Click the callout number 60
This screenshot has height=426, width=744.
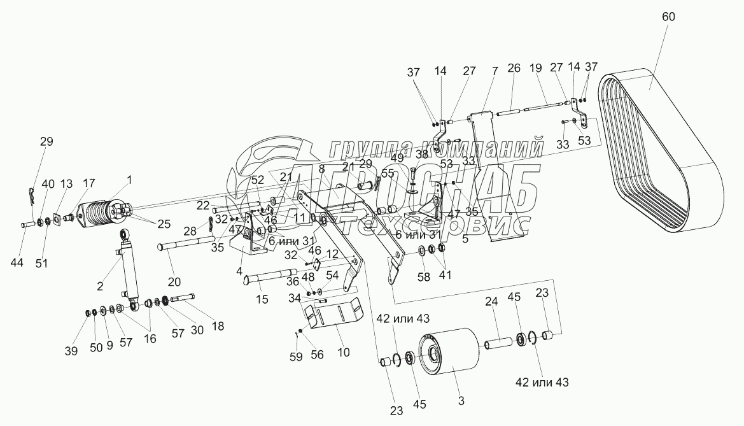click(x=668, y=17)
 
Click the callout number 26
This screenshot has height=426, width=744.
click(x=514, y=67)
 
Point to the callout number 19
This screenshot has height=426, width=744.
click(x=535, y=67)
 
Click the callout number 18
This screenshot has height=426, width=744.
click(x=218, y=326)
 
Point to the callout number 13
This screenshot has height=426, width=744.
click(x=67, y=184)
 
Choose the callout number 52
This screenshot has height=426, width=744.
click(x=257, y=180)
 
